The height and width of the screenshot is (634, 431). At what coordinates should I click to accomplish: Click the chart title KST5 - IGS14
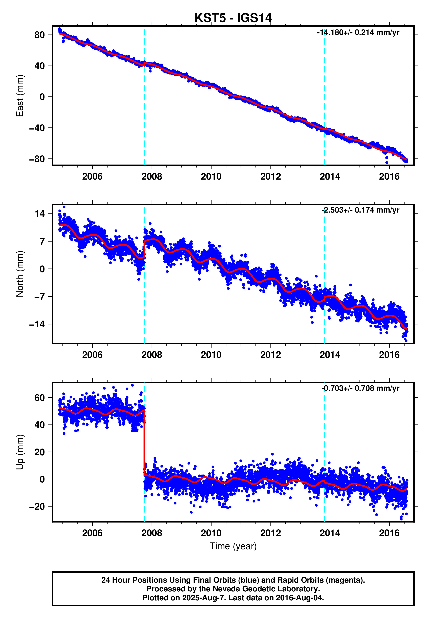(233, 18)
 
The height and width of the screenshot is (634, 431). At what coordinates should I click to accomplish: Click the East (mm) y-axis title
(20, 95)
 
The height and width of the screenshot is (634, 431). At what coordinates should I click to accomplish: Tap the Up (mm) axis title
(20, 452)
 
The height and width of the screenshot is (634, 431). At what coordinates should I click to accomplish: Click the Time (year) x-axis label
(233, 546)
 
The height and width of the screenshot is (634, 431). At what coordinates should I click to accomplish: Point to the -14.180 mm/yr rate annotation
(358, 33)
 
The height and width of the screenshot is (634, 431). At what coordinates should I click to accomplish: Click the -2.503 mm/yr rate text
(360, 210)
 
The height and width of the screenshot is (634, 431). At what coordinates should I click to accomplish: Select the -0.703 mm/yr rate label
(360, 388)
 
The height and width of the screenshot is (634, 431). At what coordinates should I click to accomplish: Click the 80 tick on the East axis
(39, 35)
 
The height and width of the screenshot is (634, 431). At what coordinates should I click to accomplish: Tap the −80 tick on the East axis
(37, 159)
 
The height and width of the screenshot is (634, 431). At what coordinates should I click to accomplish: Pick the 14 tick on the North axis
(39, 214)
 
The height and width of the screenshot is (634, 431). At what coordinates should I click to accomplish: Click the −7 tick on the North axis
(39, 296)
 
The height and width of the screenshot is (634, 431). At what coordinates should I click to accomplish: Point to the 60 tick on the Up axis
(39, 398)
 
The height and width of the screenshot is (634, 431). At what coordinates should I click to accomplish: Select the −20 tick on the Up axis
(37, 507)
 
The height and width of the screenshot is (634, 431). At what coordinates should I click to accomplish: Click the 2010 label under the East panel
(211, 177)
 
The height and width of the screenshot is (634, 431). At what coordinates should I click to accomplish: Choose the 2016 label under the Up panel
(389, 533)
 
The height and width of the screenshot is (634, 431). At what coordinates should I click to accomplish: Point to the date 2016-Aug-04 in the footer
(300, 598)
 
